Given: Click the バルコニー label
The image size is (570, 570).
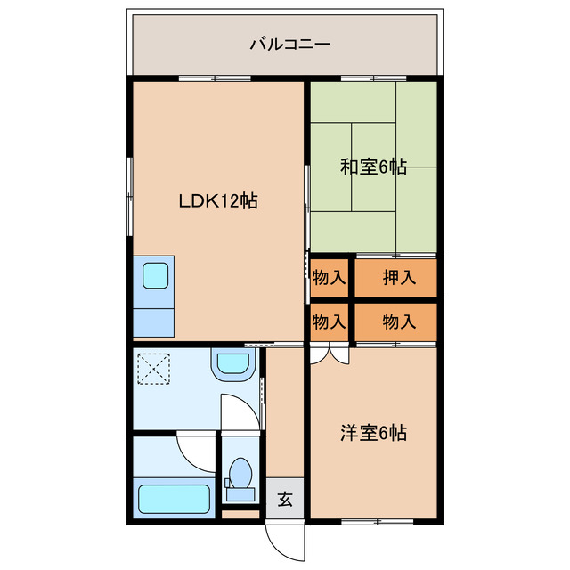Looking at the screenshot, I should [x=284, y=43].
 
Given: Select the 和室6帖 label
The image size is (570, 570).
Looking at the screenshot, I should [x=374, y=167].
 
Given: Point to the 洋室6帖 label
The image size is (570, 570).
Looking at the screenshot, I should [x=374, y=434].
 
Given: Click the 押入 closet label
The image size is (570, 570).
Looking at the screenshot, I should [x=399, y=277].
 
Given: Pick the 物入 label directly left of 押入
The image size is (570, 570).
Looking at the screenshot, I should [x=329, y=277].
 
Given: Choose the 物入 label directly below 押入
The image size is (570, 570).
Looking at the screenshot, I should [x=399, y=322].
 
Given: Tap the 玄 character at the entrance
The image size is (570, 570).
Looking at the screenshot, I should [x=284, y=499].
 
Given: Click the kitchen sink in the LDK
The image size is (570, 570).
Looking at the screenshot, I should [x=157, y=276].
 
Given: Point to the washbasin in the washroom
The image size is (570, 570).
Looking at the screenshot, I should [x=233, y=362].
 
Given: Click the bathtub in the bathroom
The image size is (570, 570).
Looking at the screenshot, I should [x=173, y=500].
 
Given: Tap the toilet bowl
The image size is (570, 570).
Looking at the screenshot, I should [x=239, y=473].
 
